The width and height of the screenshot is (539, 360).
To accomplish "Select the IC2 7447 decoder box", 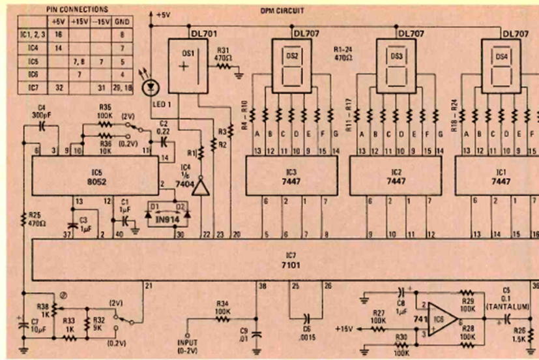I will [x=395, y=176].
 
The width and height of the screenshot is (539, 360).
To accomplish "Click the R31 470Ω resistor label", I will [x=224, y=52].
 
